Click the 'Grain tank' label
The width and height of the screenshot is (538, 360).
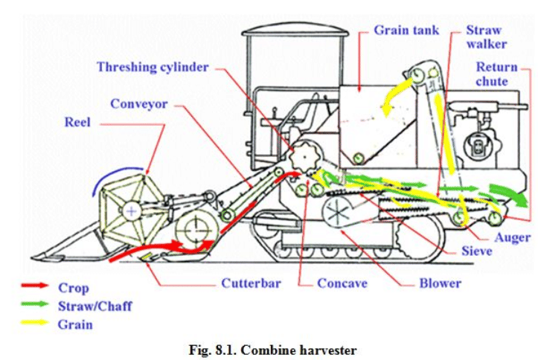click(x=406, y=30)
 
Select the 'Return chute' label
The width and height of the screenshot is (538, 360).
click(x=497, y=74)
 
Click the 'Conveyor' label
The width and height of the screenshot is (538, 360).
click(x=141, y=103)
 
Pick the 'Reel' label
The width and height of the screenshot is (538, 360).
click(x=77, y=122)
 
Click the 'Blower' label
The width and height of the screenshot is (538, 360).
click(x=439, y=283)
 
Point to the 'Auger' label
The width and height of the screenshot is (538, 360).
click(x=512, y=238)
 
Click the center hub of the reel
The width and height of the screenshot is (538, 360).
click(x=131, y=212)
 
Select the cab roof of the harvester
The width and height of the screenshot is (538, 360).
click(x=295, y=33)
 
